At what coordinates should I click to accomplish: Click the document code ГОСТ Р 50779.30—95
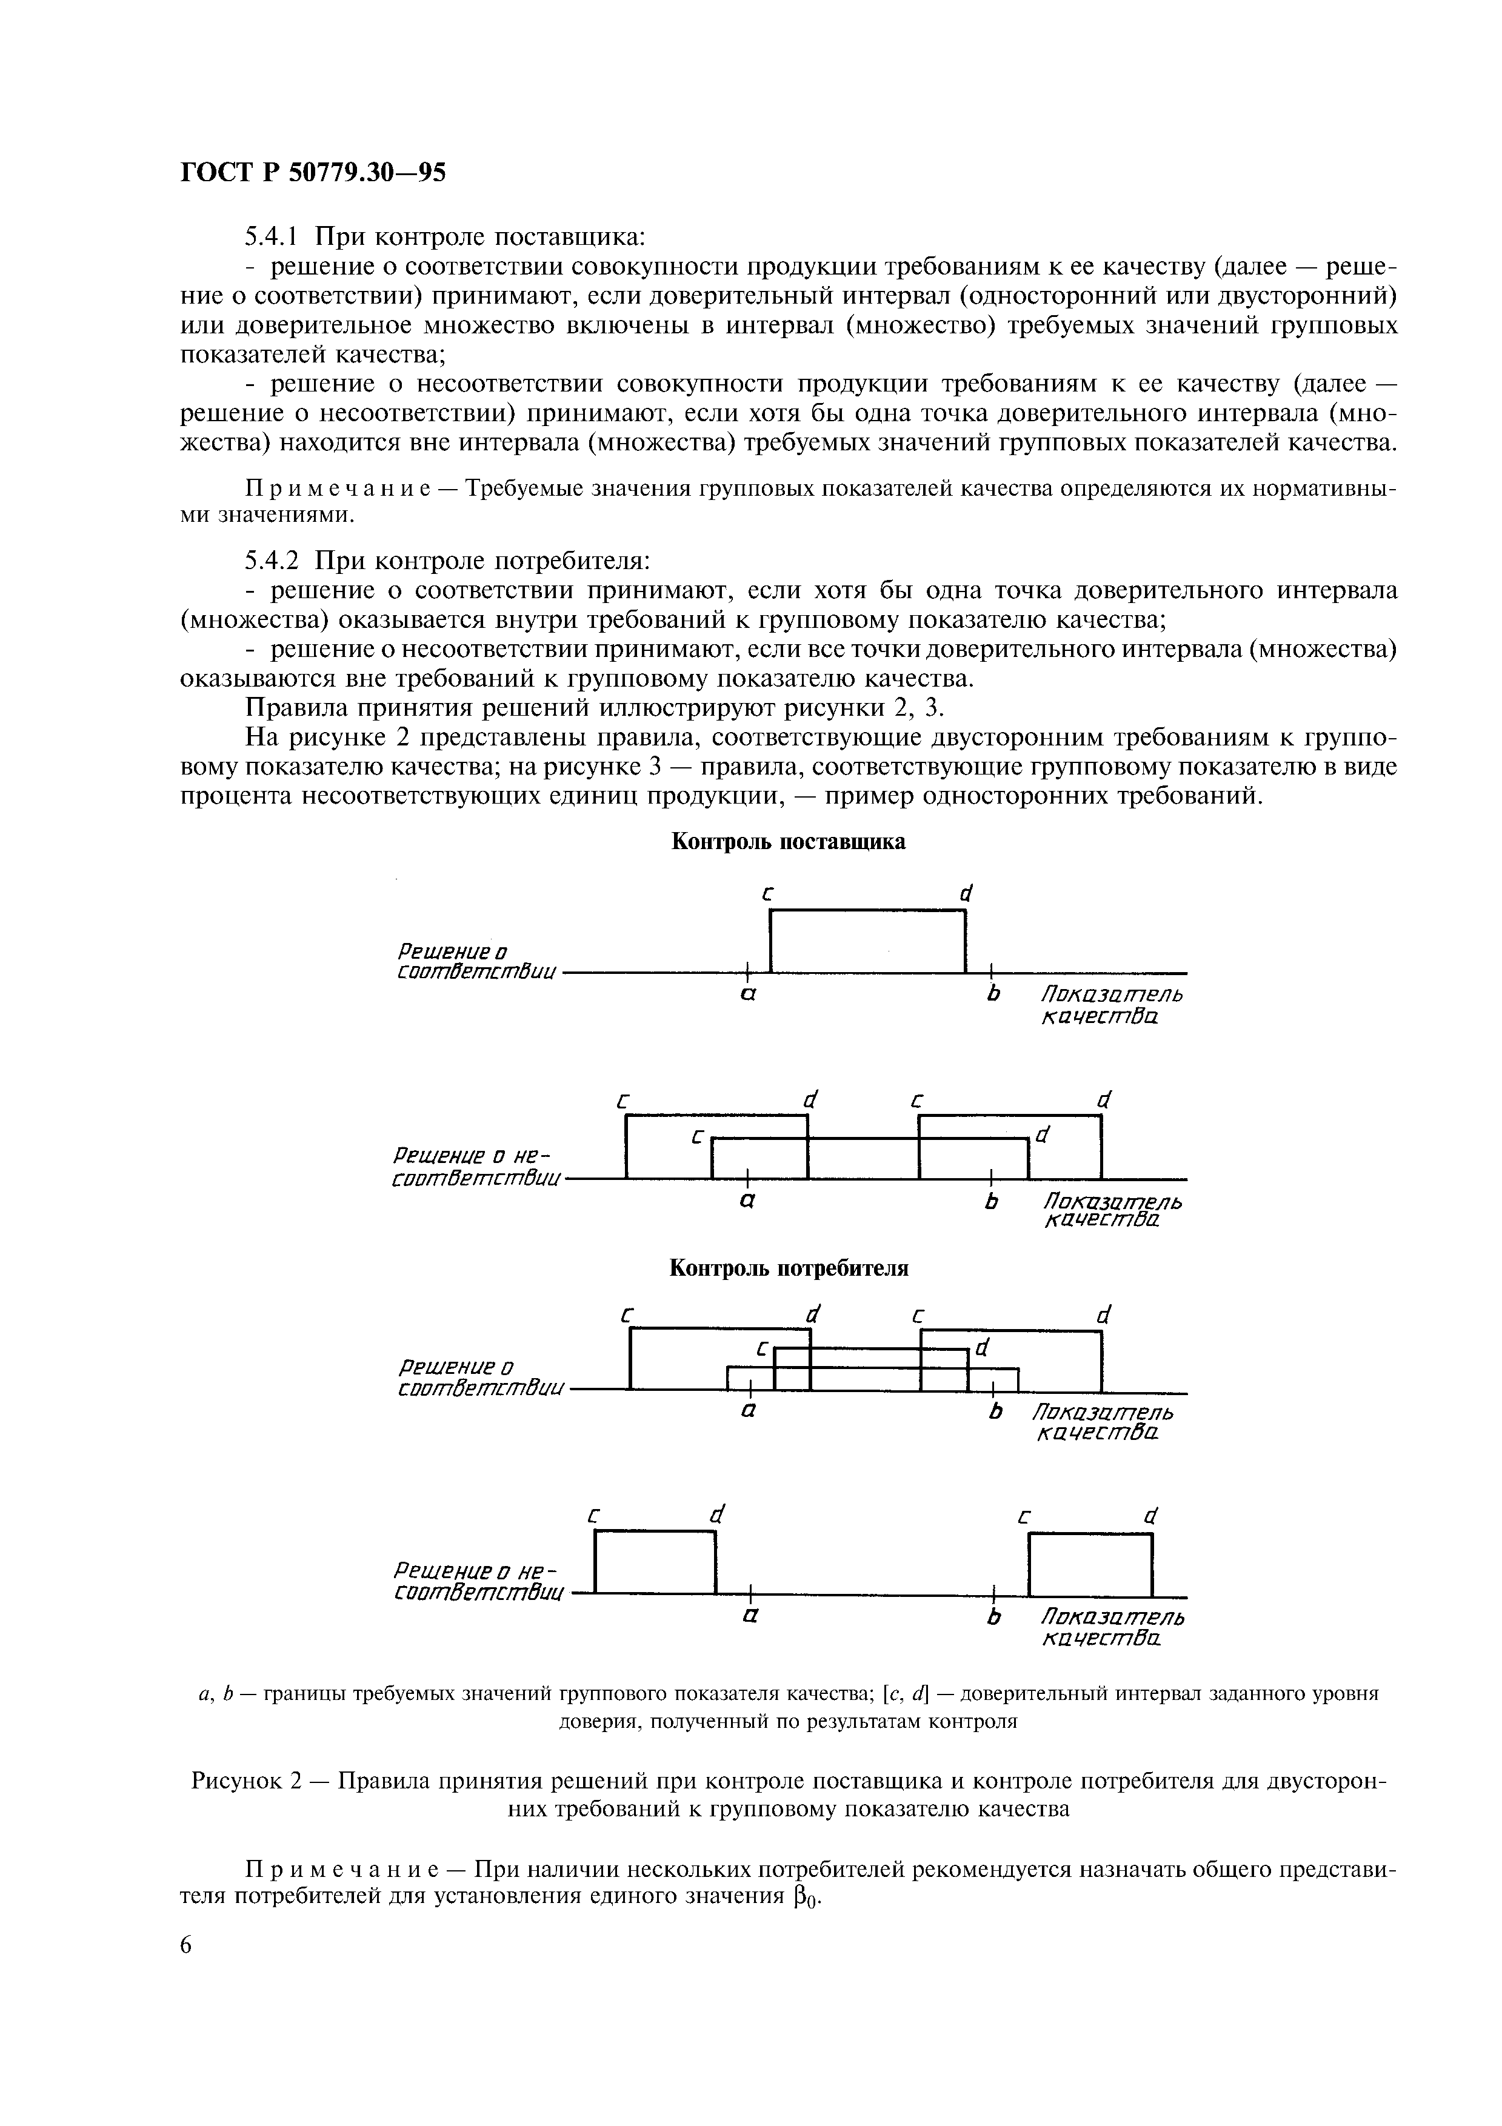click(x=312, y=172)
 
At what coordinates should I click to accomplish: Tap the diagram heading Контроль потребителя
click(x=788, y=1268)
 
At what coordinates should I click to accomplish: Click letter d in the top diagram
click(x=966, y=893)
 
